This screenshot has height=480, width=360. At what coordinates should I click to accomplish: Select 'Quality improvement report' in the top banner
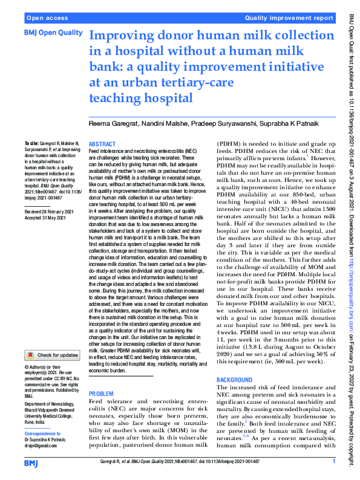coord(289,18)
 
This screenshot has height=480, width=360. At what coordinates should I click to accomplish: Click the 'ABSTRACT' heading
coord(102,144)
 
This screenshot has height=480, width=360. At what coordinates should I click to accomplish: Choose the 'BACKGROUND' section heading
coord(235,379)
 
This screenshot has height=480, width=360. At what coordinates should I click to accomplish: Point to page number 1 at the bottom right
coord(333,461)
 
